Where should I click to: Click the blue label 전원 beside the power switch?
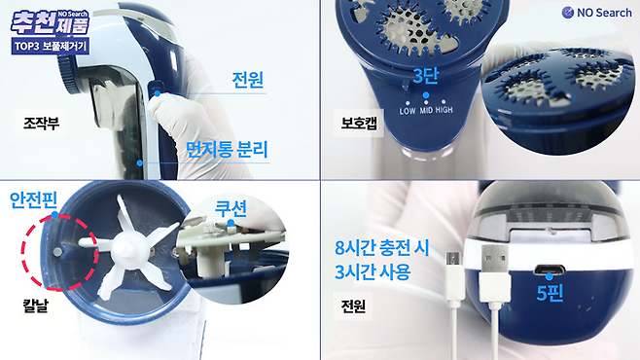247,80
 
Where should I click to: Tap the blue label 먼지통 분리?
227,150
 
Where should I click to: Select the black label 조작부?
41,123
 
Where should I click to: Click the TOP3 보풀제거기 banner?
51,46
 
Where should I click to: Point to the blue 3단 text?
425,76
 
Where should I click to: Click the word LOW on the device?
408,111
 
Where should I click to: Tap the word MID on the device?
426,110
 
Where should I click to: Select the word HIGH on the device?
444,110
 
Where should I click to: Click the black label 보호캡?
359,123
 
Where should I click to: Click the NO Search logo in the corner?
596,13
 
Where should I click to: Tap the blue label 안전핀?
33,200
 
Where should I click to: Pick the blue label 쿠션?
231,208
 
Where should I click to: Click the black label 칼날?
35,306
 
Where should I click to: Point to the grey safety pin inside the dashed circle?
58,252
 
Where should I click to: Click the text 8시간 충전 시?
382,248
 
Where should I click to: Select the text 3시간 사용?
373,272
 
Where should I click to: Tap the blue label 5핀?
550,293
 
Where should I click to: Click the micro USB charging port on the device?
550,270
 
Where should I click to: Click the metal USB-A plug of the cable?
495,259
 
